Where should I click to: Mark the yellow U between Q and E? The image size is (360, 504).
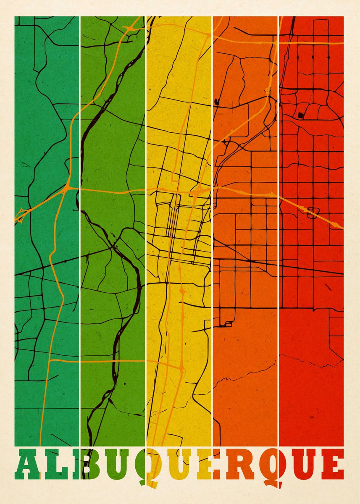176,466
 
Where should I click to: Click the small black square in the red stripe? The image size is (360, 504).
300,115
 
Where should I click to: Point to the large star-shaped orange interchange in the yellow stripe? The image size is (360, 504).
197,193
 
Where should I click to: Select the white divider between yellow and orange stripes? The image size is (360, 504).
212,252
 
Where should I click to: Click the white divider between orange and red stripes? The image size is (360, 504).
279,252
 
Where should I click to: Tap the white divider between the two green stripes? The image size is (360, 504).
79,252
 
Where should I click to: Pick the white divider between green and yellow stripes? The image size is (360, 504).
146,252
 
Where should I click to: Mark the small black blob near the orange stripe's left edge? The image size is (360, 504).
217,101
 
